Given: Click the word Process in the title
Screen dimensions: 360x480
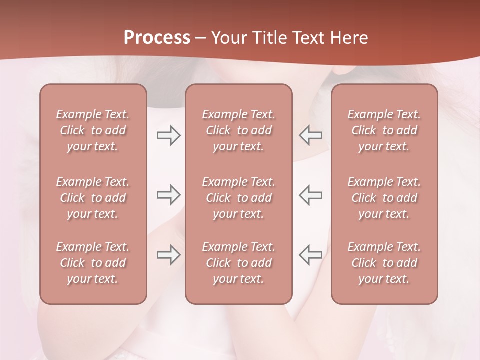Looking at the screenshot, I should point(157,38).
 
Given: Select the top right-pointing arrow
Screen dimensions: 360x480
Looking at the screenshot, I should point(168,135).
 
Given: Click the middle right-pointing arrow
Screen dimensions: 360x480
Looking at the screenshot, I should point(168,195).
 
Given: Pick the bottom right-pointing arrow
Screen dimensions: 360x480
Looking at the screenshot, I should point(168,255).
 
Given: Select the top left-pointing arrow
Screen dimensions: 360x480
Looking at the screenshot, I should point(311,135).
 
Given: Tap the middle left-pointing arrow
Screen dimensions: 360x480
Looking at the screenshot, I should point(311,195).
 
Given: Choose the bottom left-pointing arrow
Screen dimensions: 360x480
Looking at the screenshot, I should point(311,255).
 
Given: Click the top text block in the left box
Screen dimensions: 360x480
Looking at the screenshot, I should point(93,130).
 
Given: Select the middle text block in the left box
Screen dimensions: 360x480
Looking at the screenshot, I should point(93,198).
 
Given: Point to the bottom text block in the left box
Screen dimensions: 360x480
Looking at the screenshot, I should point(93,263).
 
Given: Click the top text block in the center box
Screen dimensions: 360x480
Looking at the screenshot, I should point(239,130).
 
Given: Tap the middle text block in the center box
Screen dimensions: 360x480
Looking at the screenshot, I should point(239,198).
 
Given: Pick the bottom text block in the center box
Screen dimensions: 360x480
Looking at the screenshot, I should point(239,263).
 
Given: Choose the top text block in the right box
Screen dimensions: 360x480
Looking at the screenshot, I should point(384,130).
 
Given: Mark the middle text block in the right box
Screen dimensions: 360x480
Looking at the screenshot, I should point(384,198).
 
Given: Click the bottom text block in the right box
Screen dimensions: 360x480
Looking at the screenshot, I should point(384,263).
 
